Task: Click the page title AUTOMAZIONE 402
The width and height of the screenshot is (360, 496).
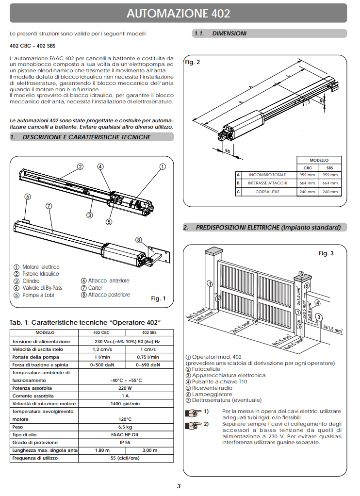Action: [x=178, y=13]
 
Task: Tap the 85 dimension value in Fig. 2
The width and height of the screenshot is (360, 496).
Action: [x=227, y=150]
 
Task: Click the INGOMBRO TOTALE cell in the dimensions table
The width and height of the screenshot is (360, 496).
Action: [x=267, y=175]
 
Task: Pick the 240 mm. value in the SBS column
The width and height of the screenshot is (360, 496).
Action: [x=330, y=192]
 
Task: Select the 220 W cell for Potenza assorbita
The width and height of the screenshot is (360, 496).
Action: [x=125, y=388]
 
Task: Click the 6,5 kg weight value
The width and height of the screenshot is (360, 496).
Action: [x=125, y=427]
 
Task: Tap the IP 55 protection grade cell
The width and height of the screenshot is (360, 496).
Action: [x=125, y=443]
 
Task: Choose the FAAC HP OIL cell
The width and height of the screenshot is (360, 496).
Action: [x=125, y=435]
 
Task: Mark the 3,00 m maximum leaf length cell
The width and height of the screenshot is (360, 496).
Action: [x=150, y=450]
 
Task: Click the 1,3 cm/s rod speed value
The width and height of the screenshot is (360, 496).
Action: [x=102, y=349]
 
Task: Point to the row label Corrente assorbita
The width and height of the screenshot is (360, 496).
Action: [x=33, y=396]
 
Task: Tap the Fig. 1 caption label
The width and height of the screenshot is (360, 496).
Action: [x=159, y=298]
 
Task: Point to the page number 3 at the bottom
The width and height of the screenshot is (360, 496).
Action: [x=179, y=486]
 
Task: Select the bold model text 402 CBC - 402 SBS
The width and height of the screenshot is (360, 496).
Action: [x=32, y=46]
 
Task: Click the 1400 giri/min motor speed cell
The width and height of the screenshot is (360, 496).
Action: [x=125, y=404]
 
